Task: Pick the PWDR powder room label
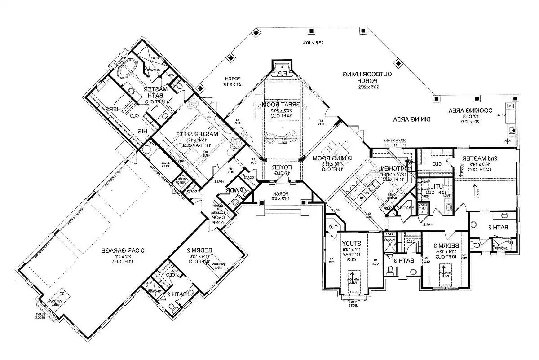tap(234, 190)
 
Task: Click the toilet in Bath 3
tap(390, 269)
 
